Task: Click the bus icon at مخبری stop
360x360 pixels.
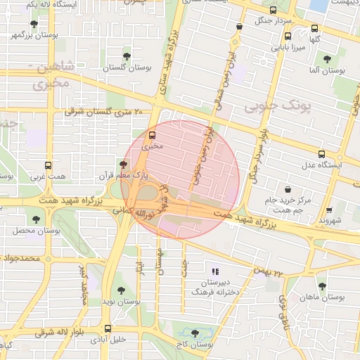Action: tap(153, 136)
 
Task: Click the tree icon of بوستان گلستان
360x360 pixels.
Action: tap(127, 56)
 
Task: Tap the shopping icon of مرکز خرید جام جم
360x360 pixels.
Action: tap(288, 188)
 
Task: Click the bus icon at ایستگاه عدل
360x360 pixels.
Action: tap(321, 153)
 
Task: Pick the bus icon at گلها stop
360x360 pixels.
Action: tap(314, 29)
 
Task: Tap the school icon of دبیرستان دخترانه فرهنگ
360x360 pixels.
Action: tap(216, 271)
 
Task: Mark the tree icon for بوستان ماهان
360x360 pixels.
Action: tap(322, 286)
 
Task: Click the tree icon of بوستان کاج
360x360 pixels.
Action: tap(195, 333)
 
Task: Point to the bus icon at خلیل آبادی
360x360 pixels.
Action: tap(108, 328)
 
